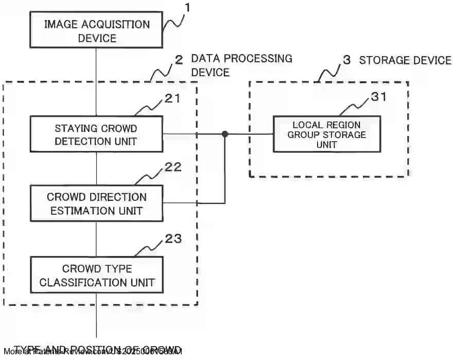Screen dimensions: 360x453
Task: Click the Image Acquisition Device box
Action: (96, 31)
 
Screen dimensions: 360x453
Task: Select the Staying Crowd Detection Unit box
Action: (96, 134)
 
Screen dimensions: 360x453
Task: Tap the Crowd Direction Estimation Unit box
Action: (96, 203)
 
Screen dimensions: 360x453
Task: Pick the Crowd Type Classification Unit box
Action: (96, 276)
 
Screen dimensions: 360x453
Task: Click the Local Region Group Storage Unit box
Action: (326, 134)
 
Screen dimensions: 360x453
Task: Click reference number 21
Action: (173, 98)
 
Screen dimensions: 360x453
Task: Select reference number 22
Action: (173, 167)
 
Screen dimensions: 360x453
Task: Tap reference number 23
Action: (173, 238)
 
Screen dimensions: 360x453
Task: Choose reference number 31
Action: (378, 96)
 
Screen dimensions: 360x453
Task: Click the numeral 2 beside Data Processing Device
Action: (179, 60)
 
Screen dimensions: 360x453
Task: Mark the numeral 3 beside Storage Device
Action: (347, 60)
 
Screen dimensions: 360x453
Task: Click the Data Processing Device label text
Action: (241, 65)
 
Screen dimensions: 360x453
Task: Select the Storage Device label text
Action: (405, 60)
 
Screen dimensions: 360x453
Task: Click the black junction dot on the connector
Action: (224, 134)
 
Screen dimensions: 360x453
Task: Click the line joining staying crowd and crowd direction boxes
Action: (96, 169)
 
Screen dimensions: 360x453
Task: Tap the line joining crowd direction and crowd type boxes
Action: (96, 239)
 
